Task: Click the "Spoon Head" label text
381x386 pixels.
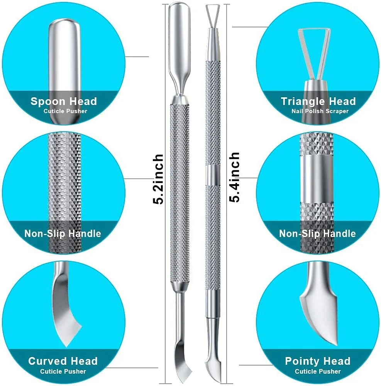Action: (x=64, y=102)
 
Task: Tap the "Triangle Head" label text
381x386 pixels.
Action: (x=318, y=102)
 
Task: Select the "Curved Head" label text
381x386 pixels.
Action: (x=63, y=361)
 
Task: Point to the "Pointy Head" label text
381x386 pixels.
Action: (x=317, y=361)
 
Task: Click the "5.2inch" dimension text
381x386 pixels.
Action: (x=158, y=179)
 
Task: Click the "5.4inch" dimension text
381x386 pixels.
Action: (x=234, y=177)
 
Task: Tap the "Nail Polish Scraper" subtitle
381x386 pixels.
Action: (x=320, y=111)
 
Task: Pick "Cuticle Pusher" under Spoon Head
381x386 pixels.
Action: (x=66, y=111)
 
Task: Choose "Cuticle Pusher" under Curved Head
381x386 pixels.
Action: (x=63, y=371)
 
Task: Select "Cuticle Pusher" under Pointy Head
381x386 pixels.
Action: (x=318, y=371)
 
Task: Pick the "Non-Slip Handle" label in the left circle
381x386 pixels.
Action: (x=63, y=234)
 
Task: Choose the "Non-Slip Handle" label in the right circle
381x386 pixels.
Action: (x=317, y=234)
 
